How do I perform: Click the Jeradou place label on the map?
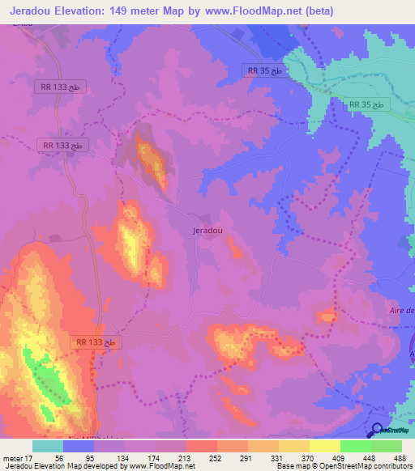[207, 230]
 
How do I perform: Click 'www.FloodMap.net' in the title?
[250, 11]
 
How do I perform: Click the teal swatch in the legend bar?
[47, 446]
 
